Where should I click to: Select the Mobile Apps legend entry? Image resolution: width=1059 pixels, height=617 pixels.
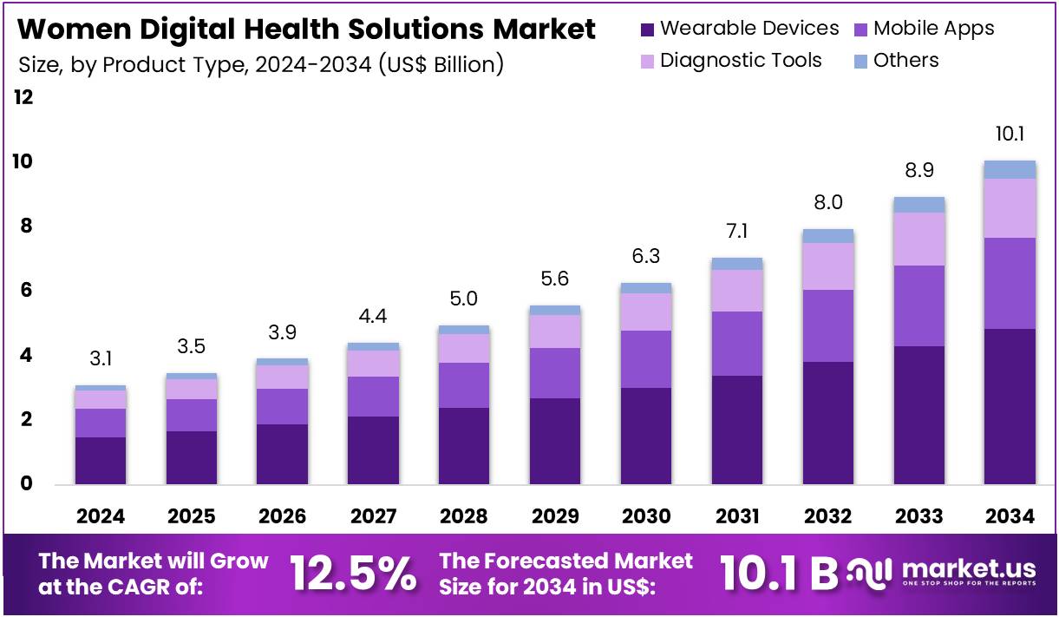pos(923,29)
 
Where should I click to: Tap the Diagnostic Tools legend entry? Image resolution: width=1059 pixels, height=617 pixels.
pos(730,61)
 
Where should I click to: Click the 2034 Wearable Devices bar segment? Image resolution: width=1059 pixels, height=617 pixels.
pos(1010,406)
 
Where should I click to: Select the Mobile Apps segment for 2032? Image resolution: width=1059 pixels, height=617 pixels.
pos(827,325)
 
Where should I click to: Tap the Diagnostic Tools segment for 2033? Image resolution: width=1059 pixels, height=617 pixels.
pos(918,239)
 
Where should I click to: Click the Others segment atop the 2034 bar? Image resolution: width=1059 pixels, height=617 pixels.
pos(1010,169)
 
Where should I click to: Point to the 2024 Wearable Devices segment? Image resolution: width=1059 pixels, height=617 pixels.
pos(101,460)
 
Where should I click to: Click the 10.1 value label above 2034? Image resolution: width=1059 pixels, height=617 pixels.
pos(1010,135)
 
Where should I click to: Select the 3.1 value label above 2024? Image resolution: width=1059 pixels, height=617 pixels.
pos(101,358)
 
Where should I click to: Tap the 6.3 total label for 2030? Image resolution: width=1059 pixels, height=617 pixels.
pos(646,256)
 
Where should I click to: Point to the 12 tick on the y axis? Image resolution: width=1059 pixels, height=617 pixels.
pos(23,97)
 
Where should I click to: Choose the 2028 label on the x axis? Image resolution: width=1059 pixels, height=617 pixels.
pos(464,516)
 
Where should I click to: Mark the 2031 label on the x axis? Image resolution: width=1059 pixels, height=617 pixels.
pos(737,516)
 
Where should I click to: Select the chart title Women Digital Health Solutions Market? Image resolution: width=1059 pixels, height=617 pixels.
pos(307,30)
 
